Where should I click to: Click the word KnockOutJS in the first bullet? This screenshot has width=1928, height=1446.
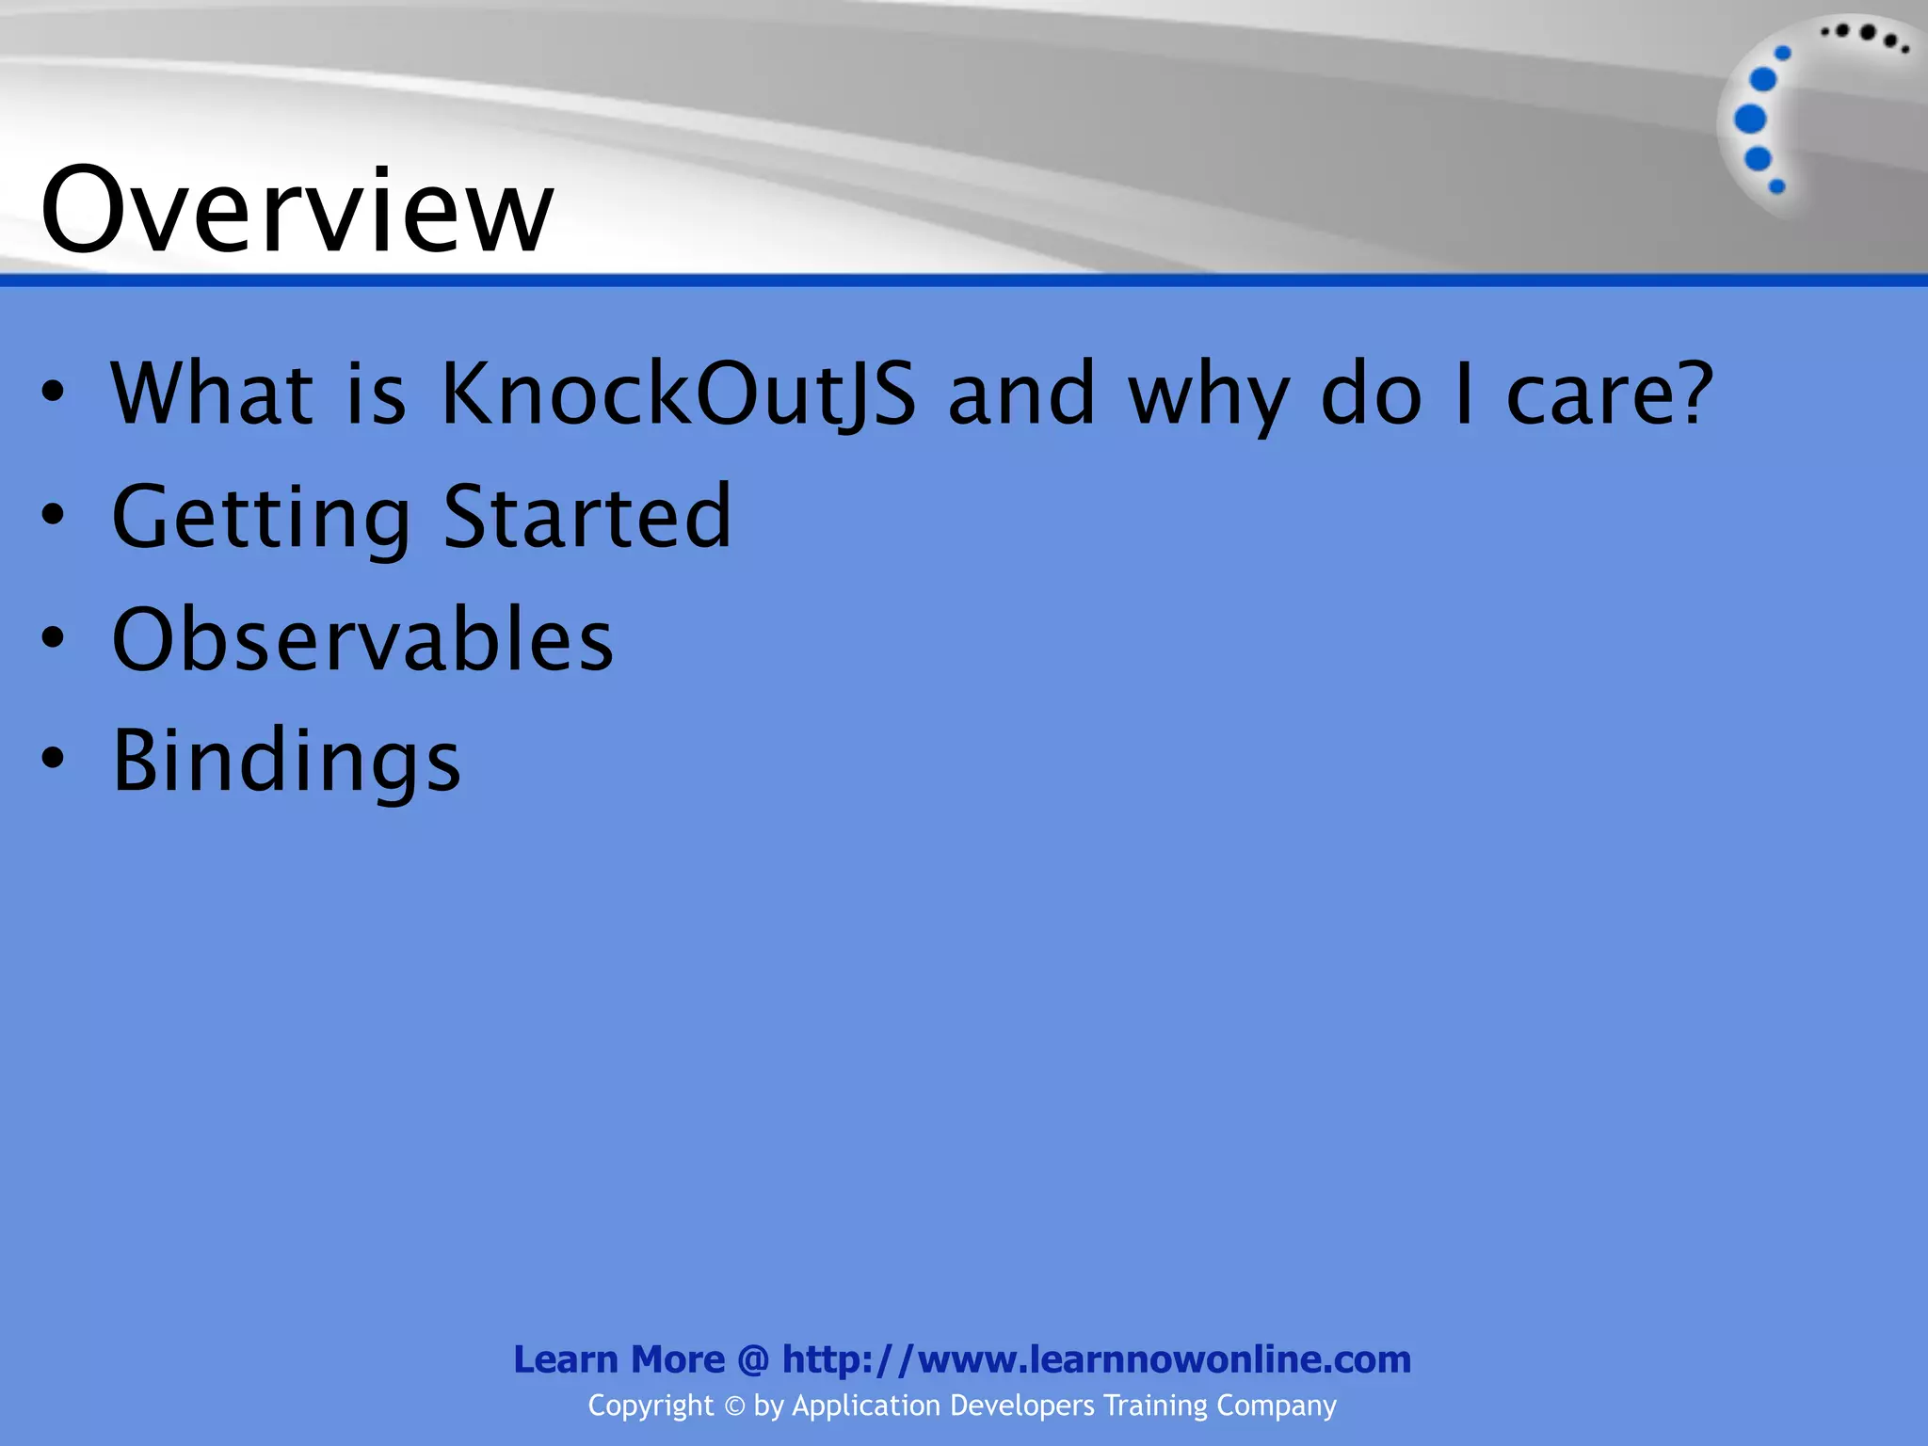[678, 394]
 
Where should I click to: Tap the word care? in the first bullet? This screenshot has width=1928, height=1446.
[1610, 394]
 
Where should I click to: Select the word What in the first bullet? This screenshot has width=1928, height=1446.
[212, 394]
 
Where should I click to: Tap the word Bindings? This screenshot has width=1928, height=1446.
[287, 761]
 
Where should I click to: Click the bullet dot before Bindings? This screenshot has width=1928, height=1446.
[54, 759]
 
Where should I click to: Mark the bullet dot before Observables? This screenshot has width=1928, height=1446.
[54, 637]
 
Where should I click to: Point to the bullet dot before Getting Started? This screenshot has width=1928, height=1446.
[54, 515]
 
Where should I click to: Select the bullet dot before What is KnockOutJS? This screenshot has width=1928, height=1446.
[54, 393]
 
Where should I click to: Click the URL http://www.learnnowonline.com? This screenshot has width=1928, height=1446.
[1097, 1359]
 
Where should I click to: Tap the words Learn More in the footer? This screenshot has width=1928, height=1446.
[619, 1359]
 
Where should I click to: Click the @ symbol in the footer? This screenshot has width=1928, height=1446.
[753, 1359]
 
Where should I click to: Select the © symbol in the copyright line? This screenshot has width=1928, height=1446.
[734, 1406]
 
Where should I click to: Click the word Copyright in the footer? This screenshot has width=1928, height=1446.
[651, 1406]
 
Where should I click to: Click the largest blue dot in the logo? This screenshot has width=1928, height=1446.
[1750, 120]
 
